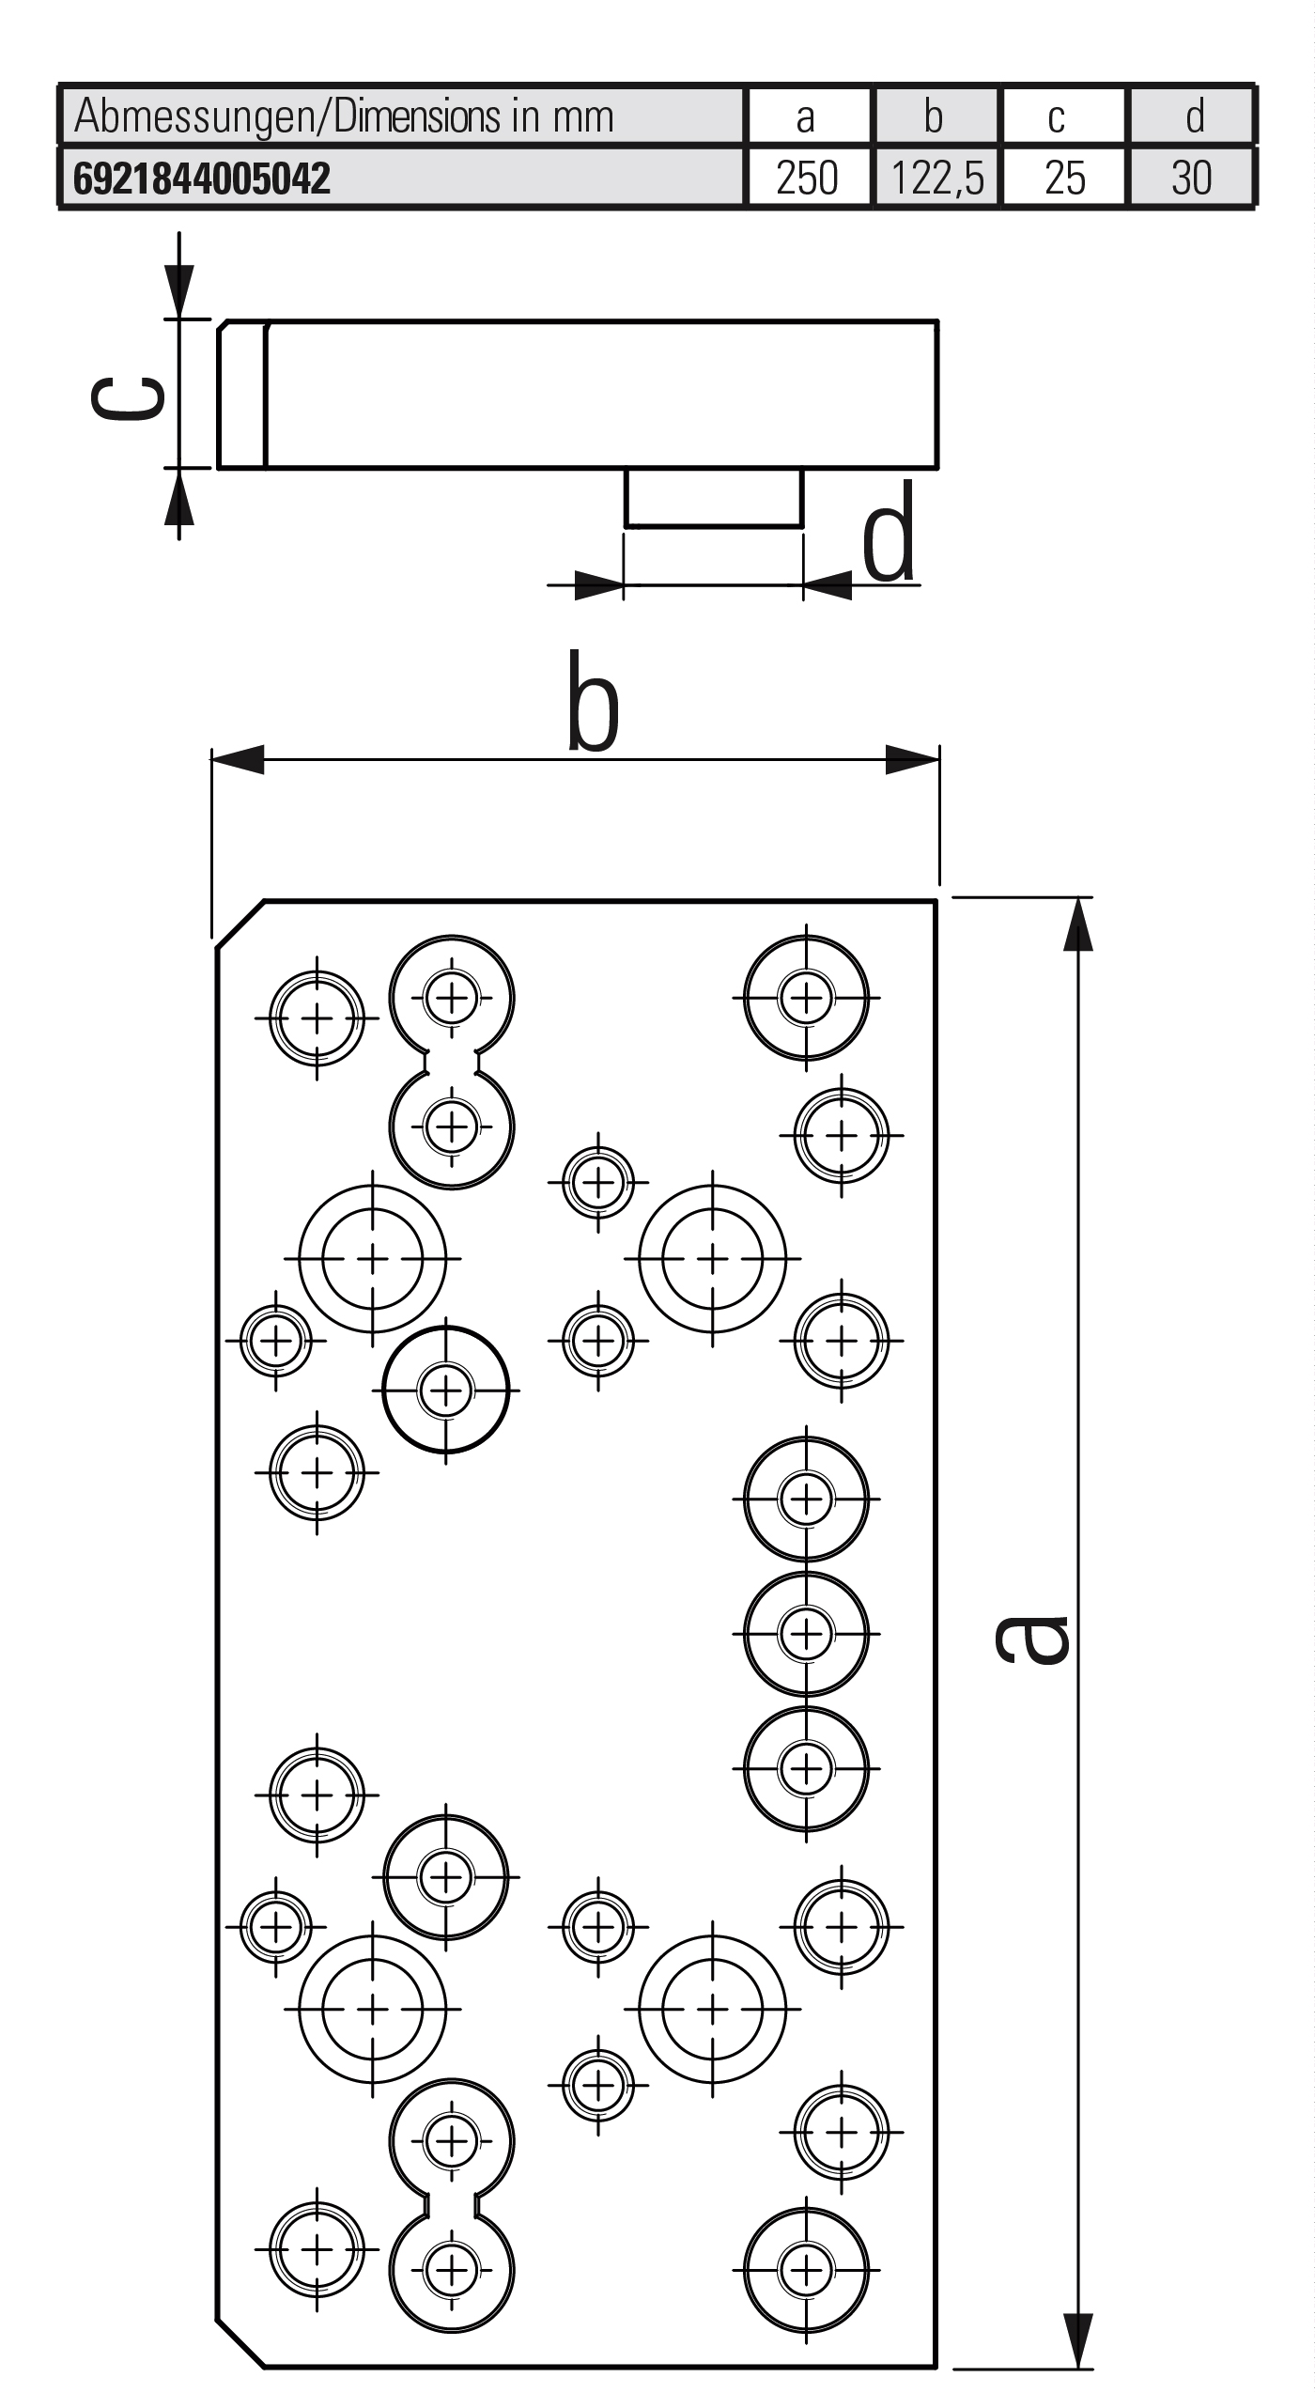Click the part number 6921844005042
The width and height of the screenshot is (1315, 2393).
(x=202, y=179)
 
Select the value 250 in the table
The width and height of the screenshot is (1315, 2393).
(x=807, y=179)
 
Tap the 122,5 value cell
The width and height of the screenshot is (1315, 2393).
(x=936, y=179)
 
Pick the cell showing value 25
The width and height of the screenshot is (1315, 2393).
(x=1064, y=179)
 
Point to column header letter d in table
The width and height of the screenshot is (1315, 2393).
(x=1194, y=117)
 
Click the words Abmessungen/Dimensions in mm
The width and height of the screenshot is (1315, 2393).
(x=344, y=117)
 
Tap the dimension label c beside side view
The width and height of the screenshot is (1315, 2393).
(x=128, y=397)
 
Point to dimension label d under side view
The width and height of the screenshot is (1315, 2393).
(x=889, y=534)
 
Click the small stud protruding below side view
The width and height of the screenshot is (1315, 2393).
(x=714, y=498)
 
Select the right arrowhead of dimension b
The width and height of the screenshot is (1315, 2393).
(x=912, y=760)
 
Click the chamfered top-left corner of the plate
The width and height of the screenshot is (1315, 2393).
(x=240, y=925)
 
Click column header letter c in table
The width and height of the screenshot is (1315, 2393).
(x=1057, y=117)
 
